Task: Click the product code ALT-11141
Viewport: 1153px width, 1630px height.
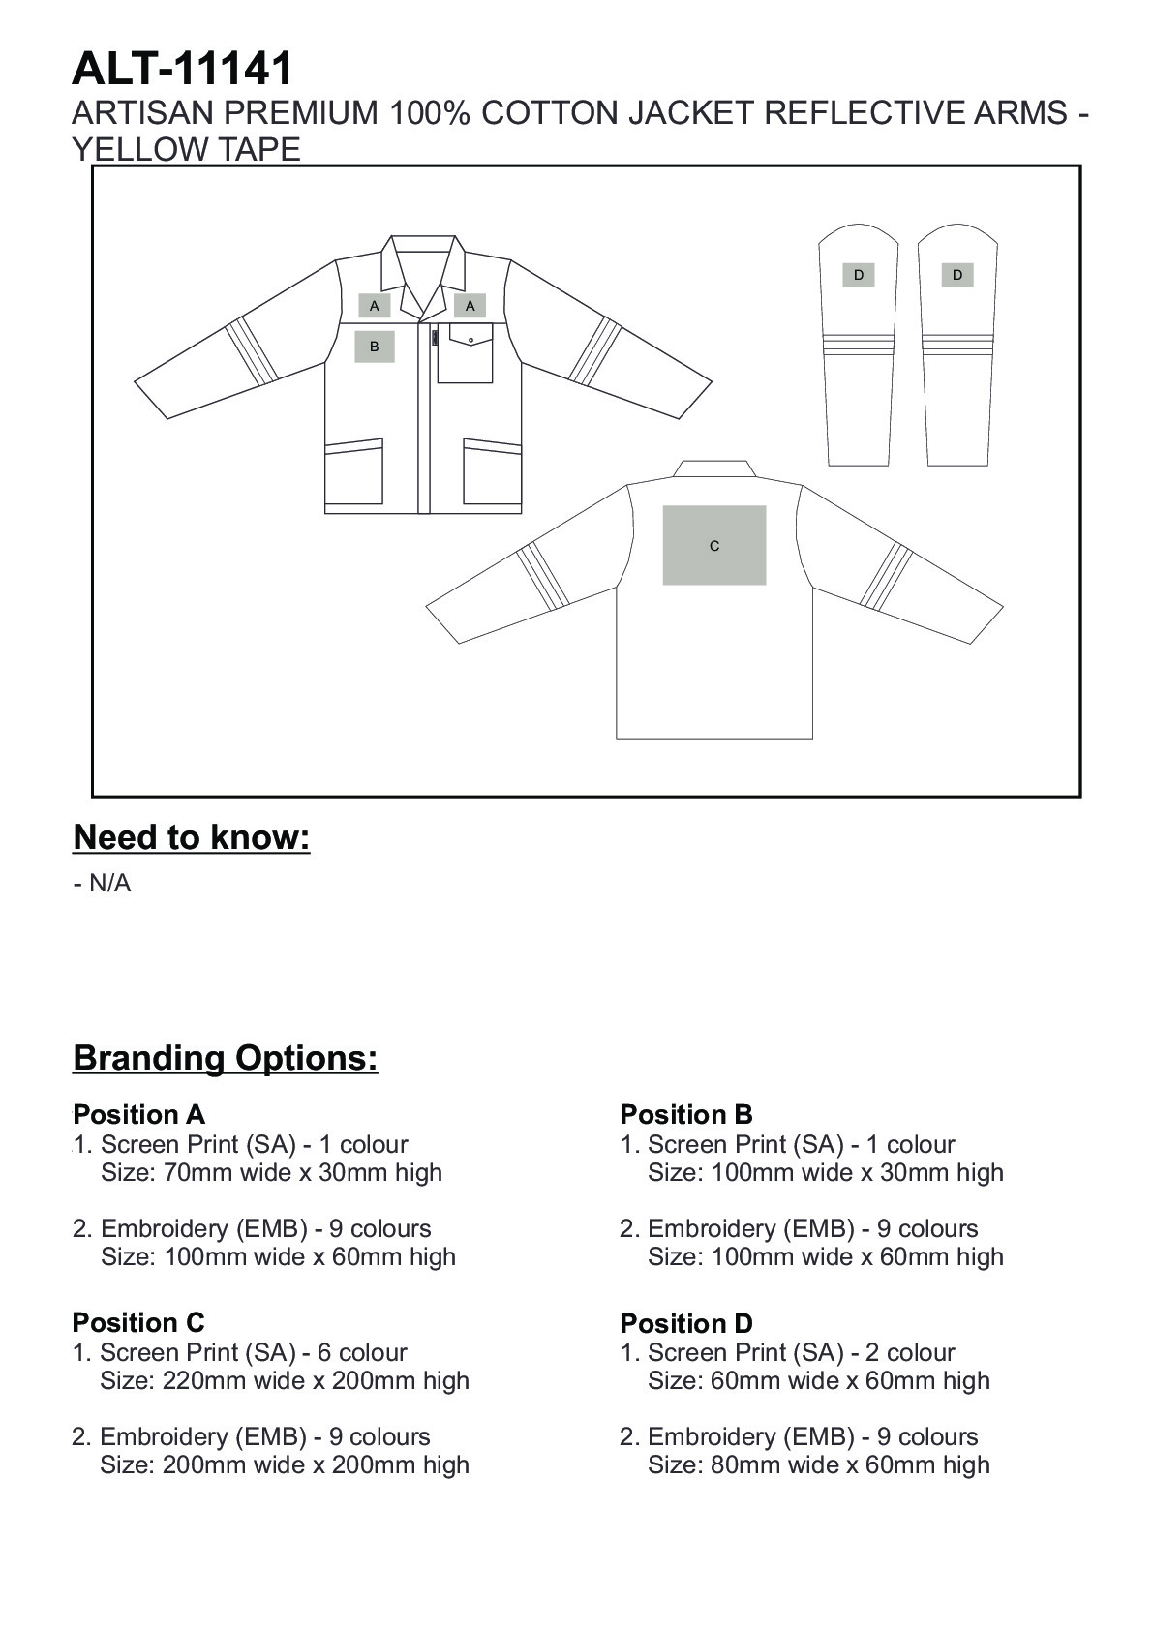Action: point(182,70)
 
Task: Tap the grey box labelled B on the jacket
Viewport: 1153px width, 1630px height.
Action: point(375,347)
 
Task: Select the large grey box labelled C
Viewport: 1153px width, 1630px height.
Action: point(714,546)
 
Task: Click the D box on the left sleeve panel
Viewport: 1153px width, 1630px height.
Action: point(859,275)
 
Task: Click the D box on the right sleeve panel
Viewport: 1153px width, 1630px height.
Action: point(957,275)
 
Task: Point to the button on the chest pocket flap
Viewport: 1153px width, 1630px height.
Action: point(470,340)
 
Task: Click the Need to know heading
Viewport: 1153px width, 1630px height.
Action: point(192,837)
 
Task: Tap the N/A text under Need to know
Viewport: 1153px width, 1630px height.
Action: point(109,884)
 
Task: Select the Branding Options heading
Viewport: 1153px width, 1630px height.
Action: point(226,1058)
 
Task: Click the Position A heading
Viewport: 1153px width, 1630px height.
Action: point(139,1114)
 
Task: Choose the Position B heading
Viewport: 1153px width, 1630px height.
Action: point(686,1114)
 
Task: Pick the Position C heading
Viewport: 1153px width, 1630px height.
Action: point(138,1322)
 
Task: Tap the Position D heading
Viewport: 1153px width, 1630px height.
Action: point(686,1323)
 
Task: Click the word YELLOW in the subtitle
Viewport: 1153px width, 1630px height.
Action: point(132,150)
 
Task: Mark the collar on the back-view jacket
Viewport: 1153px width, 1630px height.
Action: point(714,469)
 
